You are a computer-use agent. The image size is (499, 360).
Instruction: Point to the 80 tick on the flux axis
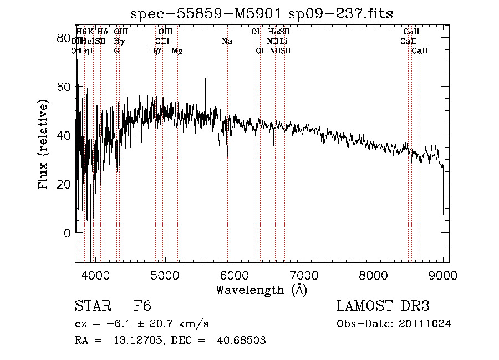tap(64, 38)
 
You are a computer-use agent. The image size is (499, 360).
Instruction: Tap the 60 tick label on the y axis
tap(64, 87)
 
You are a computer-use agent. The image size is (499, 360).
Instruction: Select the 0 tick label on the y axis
tap(67, 234)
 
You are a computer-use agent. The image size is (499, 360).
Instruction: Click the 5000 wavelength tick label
tap(165, 274)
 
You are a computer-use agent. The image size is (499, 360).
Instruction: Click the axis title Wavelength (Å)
tap(261, 290)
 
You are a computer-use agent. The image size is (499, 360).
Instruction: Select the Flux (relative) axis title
tap(44, 144)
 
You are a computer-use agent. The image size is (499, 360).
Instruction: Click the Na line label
tap(227, 42)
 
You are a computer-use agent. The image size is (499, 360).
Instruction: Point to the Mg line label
tap(177, 51)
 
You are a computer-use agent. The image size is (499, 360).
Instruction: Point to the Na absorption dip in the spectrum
tap(227, 153)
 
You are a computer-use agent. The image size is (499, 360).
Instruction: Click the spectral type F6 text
tap(142, 306)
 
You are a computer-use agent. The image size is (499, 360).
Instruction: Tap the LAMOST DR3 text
tap(383, 306)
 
